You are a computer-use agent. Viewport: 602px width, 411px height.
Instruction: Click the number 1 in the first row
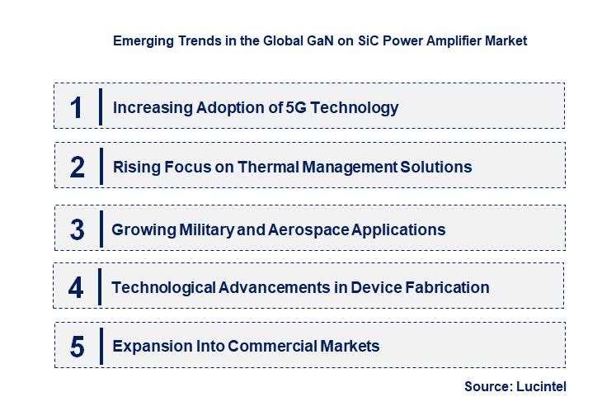[77, 107]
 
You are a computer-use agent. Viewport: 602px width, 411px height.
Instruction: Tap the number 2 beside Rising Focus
[78, 168]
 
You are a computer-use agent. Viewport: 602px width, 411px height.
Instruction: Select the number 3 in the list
[77, 230]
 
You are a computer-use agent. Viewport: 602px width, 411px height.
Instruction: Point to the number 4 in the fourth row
[76, 288]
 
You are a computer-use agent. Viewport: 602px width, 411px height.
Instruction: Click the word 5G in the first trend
[294, 107]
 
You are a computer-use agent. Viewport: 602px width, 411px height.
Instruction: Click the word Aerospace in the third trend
[308, 229]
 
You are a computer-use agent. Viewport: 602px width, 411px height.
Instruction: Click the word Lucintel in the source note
[543, 385]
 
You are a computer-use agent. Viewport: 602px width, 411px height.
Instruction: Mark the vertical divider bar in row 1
[100, 106]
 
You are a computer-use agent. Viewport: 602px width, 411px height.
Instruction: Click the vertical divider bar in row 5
[100, 345]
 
